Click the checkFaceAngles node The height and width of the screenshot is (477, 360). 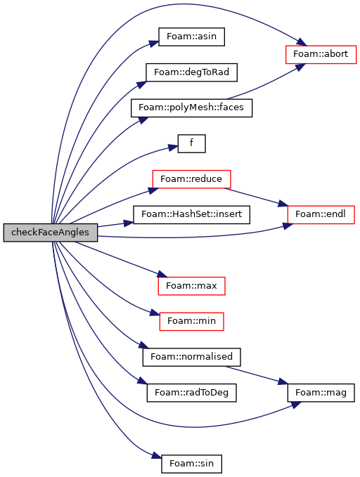click(51, 233)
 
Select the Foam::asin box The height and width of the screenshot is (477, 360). click(191, 37)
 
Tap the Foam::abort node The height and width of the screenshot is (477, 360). click(321, 55)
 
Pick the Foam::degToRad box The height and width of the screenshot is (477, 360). click(191, 72)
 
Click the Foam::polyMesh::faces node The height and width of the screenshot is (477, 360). click(191, 107)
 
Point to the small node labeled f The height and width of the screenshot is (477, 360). click(191, 143)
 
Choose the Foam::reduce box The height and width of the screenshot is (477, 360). click(191, 179)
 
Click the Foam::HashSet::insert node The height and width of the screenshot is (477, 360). click(191, 215)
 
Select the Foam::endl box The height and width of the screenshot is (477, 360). click(321, 215)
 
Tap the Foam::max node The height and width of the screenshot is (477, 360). click(191, 286)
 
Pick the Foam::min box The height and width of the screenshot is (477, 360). click(191, 322)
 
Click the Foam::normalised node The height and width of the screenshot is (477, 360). click(191, 357)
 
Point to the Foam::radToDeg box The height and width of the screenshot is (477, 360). click(191, 393)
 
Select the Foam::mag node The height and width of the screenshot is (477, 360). click(321, 393)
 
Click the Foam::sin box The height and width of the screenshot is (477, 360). click(191, 464)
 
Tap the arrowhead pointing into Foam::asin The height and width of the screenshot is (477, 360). click(154, 43)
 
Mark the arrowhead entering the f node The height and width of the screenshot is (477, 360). click(174, 148)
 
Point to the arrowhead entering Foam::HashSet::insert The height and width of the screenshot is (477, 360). click(129, 223)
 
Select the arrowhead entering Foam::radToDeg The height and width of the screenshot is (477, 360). click(142, 380)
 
